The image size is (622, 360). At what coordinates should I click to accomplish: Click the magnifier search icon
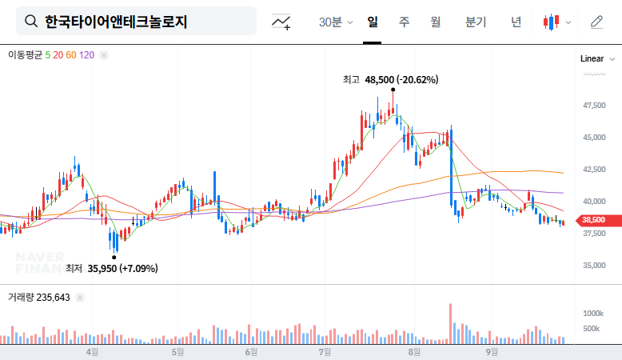tap(31, 22)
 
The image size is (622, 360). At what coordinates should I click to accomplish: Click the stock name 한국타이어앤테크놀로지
tap(116, 22)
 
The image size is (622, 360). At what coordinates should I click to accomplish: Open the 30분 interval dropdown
tap(336, 22)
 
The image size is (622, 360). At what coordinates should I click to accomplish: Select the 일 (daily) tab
tap(373, 22)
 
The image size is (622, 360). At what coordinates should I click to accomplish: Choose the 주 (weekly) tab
tap(404, 22)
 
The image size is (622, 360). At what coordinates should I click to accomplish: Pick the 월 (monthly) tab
tap(436, 22)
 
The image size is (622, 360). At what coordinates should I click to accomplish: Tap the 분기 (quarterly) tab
tap(475, 22)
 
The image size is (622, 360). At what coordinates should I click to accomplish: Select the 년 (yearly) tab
tap(516, 22)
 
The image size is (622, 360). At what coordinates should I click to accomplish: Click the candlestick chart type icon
tap(551, 22)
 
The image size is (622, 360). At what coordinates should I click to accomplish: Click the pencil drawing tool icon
tap(596, 22)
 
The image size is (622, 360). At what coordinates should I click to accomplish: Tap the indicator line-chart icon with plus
tap(281, 22)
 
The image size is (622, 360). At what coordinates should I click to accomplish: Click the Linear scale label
tap(592, 59)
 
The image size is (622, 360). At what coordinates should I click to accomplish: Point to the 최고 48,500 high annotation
tap(390, 80)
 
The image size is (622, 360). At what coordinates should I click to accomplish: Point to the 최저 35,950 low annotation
tap(111, 268)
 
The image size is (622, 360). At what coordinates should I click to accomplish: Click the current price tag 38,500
tap(592, 220)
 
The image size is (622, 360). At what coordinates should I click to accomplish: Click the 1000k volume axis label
tap(592, 313)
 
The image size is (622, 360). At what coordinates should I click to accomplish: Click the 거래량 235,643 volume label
tap(39, 297)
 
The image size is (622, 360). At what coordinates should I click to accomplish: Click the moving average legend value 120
tap(87, 55)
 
